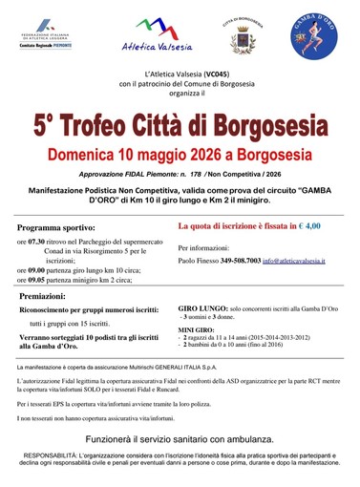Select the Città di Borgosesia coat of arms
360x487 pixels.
point(241,38)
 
